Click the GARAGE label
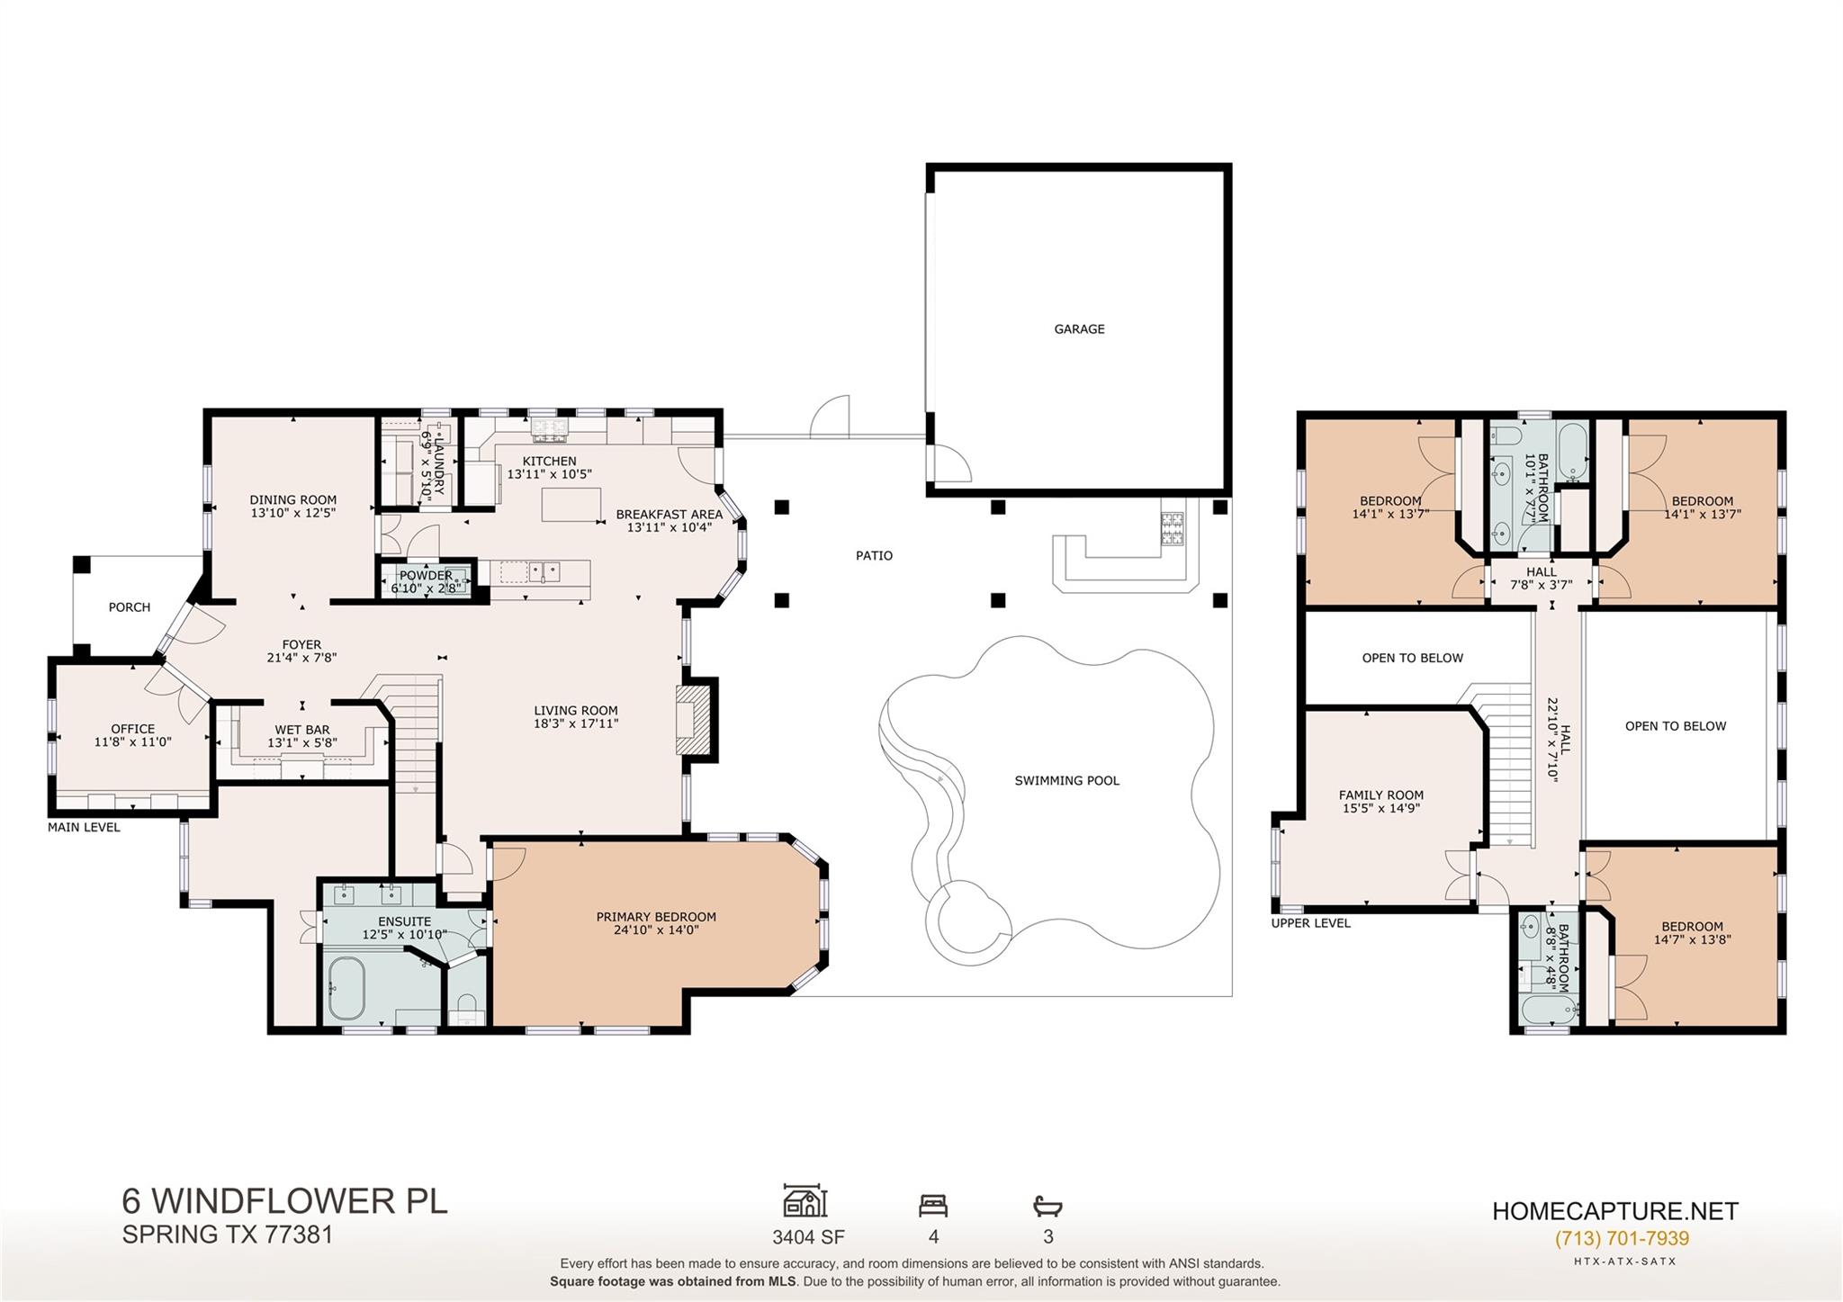1079,329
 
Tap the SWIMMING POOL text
1066,781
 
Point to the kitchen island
571,504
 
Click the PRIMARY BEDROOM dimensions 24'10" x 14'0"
656,930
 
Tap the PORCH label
130,607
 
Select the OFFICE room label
133,729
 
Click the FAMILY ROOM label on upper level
1380,795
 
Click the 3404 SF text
808,1237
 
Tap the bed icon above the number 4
933,1205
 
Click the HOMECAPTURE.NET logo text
1615,1211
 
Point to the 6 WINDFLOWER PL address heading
284,1201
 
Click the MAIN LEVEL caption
84,828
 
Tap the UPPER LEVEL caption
1310,923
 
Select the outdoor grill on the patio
1171,528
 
